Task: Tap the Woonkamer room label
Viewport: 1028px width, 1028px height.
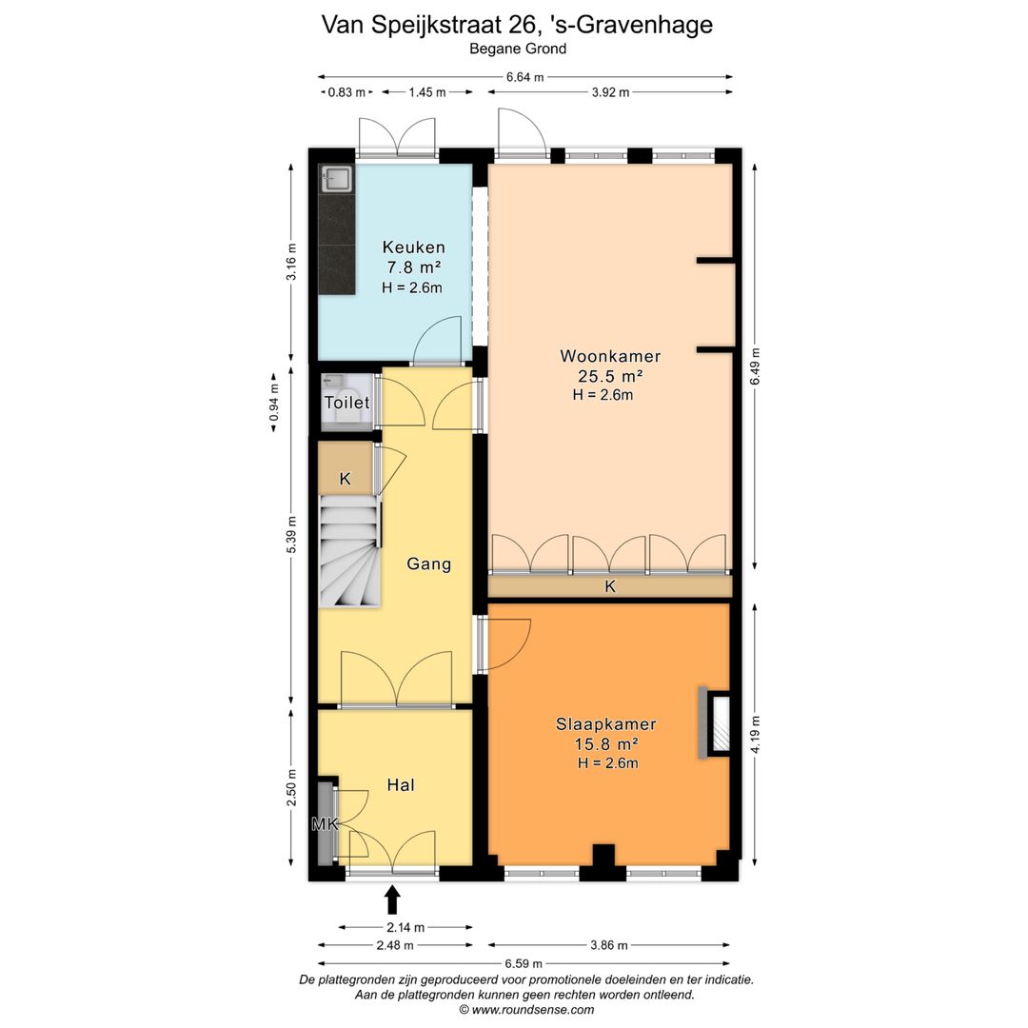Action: (x=610, y=356)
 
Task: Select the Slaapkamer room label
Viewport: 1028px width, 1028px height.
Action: (x=606, y=724)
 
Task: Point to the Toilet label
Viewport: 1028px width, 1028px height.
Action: (x=346, y=404)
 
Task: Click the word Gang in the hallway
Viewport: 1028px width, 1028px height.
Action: (x=428, y=563)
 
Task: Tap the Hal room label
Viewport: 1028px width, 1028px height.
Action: (x=401, y=785)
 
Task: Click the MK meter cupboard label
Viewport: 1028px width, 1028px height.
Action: (x=326, y=824)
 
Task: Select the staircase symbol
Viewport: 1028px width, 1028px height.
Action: (x=348, y=557)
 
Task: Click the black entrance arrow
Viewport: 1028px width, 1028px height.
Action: (x=392, y=899)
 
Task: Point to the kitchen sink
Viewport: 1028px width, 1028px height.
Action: (x=336, y=177)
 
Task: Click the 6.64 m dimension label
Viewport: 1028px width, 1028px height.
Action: (x=525, y=77)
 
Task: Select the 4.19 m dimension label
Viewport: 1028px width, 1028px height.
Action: (x=755, y=734)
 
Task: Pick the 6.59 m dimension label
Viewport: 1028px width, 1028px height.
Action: (x=524, y=962)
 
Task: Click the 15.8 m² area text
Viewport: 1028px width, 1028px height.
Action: (x=606, y=744)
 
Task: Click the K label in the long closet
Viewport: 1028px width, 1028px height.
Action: (x=610, y=587)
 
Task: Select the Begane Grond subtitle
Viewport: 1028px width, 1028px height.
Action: (x=518, y=49)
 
